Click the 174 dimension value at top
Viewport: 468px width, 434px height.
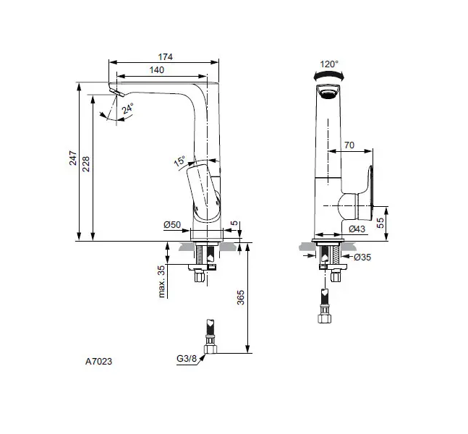[165, 56]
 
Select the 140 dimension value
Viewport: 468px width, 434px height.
[157, 70]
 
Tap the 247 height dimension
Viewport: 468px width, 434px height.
[73, 158]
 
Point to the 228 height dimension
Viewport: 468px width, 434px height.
[85, 164]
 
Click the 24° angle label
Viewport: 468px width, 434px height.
[127, 109]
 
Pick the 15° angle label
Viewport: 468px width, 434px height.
[179, 161]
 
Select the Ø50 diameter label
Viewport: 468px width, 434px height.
[172, 224]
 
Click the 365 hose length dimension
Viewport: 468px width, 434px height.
[241, 297]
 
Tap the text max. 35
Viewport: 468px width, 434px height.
[161, 281]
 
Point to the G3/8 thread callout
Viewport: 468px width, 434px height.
[187, 358]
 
